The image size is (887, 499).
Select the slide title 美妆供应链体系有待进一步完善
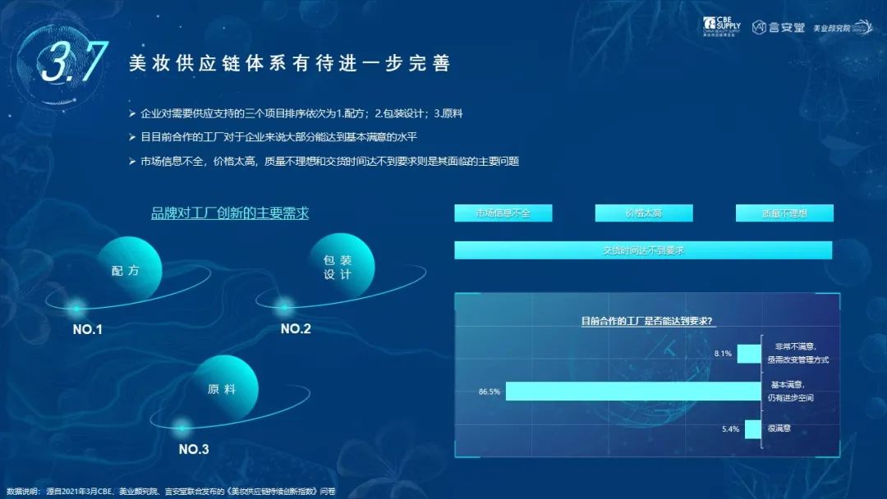pyautogui.click(x=289, y=63)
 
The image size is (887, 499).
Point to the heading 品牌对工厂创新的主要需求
pyautogui.click(x=230, y=213)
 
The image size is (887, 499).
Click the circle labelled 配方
pyautogui.click(x=126, y=270)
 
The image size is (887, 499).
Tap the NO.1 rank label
pyautogui.click(x=88, y=330)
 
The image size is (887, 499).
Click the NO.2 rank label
pyautogui.click(x=296, y=329)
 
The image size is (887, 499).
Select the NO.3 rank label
pyautogui.click(x=194, y=449)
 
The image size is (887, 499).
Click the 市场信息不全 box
pyautogui.click(x=503, y=213)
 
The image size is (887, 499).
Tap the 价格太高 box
pyautogui.click(x=643, y=213)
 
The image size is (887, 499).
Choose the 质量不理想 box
pyautogui.click(x=784, y=213)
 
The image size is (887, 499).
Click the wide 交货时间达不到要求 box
pyautogui.click(x=643, y=249)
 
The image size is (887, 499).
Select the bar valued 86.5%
pyautogui.click(x=632, y=391)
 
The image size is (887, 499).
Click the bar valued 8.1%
pyautogui.click(x=748, y=354)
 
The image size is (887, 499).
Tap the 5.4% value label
pyautogui.click(x=730, y=428)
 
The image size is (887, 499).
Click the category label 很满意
pyautogui.click(x=780, y=428)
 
